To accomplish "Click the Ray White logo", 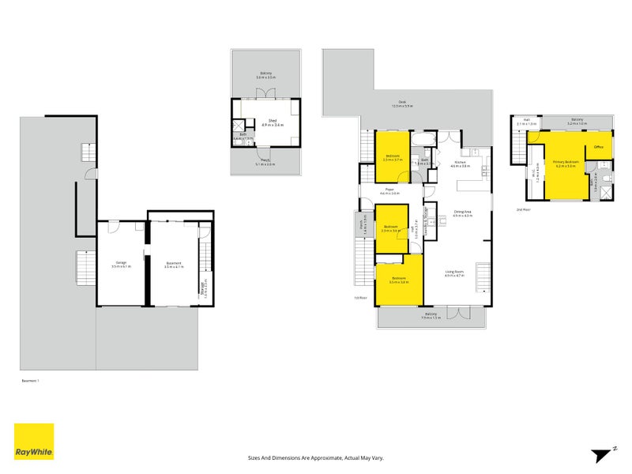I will coord(34,442).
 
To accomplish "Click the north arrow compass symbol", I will coord(602,453).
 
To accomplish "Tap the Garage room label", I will coord(121,262).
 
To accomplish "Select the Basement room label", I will coord(173,262).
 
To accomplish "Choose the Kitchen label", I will coord(460,163).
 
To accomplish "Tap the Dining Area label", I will coord(462,211).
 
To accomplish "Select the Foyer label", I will coord(389,190).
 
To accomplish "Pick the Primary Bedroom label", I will coord(566,161).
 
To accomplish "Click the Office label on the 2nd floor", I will coord(599,146).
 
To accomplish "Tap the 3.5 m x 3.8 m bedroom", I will coord(398,279).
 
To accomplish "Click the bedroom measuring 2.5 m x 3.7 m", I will coord(393,156).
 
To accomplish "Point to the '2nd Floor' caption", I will coord(522,210).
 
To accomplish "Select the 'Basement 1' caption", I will coord(29,381).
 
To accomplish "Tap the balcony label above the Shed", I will coord(265,75).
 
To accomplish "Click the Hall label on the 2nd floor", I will coord(525,121).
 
